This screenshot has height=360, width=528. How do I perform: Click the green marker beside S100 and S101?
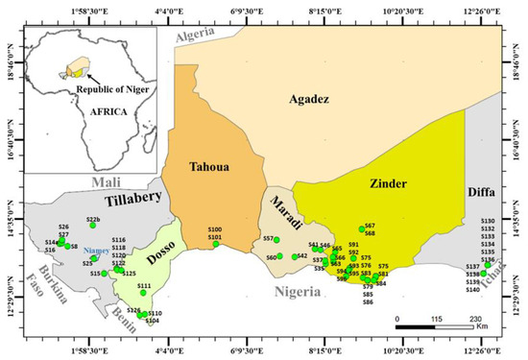216,244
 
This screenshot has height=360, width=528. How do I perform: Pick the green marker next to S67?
362,228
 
